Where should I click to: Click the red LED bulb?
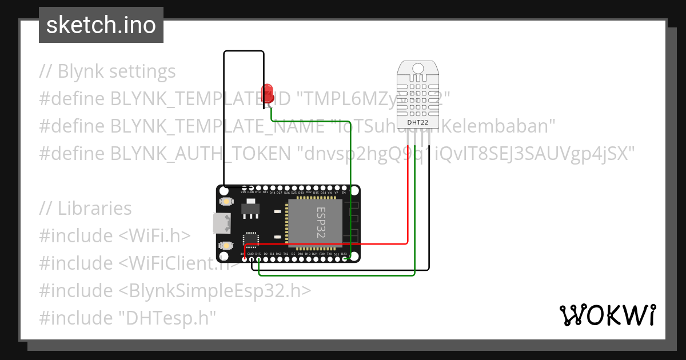[x=267, y=94]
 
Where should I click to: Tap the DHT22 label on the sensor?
[x=418, y=122]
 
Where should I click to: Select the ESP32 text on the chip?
[x=321, y=222]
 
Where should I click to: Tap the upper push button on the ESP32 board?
[x=227, y=202]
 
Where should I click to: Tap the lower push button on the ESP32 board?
[x=227, y=245]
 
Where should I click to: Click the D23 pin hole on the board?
[x=344, y=259]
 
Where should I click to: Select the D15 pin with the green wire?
[x=258, y=259]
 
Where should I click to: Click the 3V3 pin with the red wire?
[x=244, y=259]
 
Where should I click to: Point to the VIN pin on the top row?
[x=244, y=187]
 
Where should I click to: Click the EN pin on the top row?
[x=344, y=187]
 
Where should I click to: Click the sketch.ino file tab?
[x=101, y=25]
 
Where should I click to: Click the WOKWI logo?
[x=607, y=315]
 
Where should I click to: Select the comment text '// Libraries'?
[x=85, y=209]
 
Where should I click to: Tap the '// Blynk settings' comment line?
[x=107, y=71]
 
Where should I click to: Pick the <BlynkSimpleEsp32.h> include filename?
[x=215, y=291]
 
